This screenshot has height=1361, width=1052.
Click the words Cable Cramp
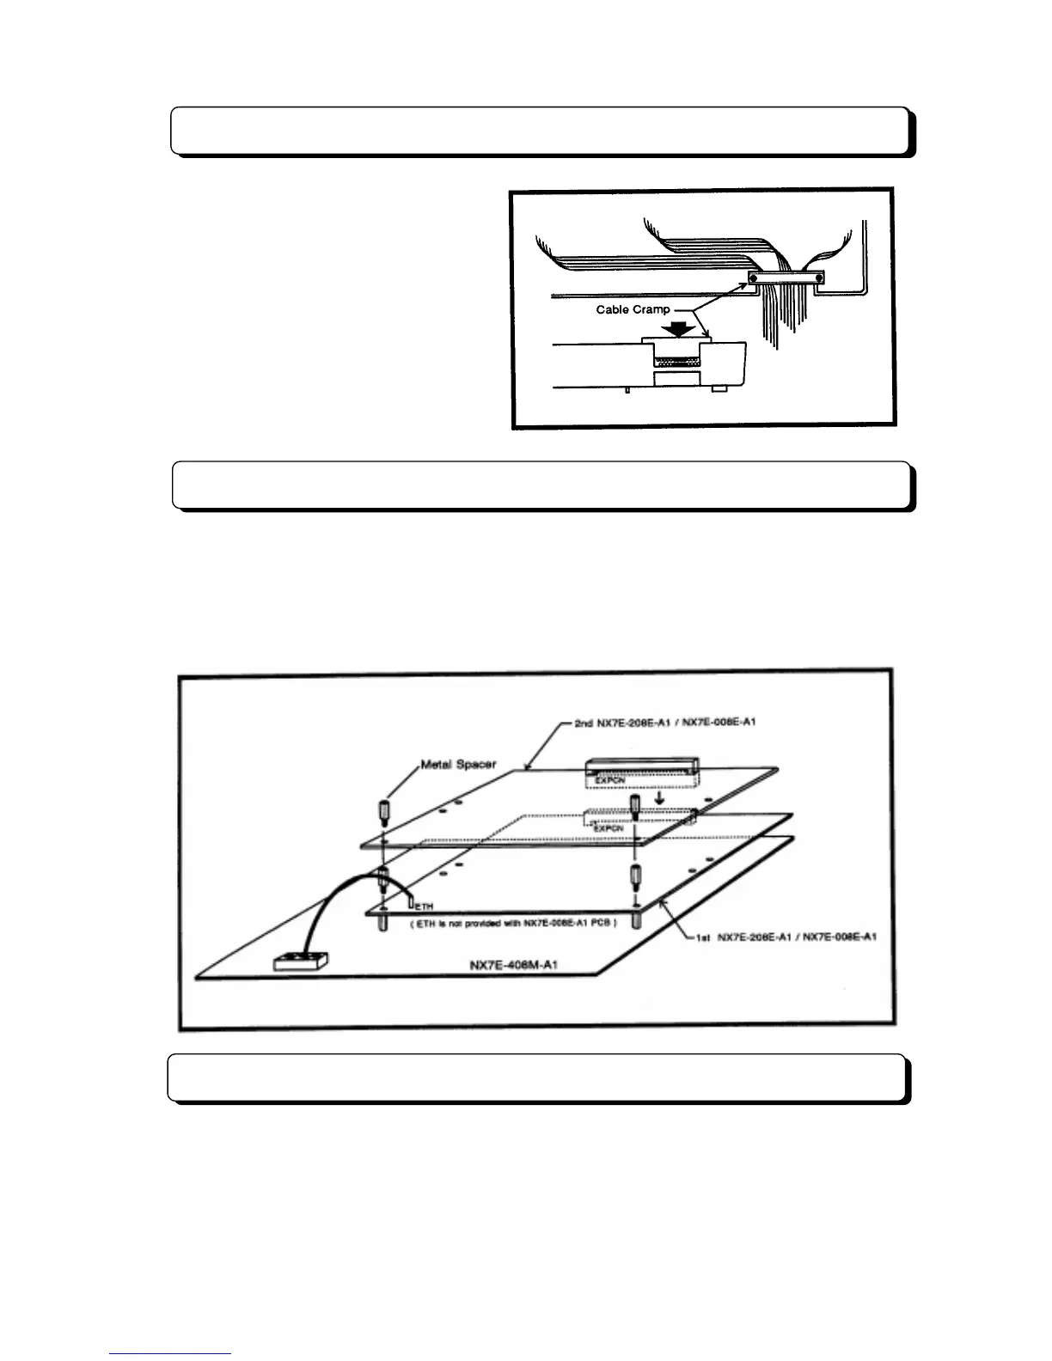pyautogui.click(x=633, y=309)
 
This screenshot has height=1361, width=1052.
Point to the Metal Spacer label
pyautogui.click(x=458, y=764)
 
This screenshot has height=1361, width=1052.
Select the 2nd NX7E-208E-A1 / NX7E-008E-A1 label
pyautogui.click(x=664, y=722)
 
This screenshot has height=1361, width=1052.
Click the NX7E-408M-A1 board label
pyautogui.click(x=514, y=964)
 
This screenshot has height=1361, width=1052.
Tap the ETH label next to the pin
pyautogui.click(x=425, y=906)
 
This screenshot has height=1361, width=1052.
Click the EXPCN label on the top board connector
pyautogui.click(x=610, y=781)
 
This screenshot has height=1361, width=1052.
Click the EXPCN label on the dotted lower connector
pyautogui.click(x=609, y=827)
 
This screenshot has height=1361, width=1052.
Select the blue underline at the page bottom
pyautogui.click(x=170, y=1354)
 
